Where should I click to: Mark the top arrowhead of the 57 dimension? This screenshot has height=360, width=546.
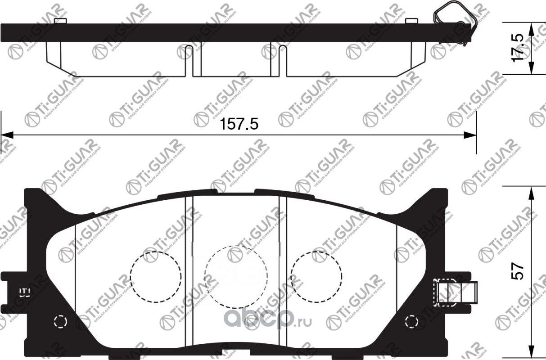click(531, 192)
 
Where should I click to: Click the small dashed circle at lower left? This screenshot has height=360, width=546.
click(59, 321)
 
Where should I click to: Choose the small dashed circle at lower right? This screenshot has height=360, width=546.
click(411, 322)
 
